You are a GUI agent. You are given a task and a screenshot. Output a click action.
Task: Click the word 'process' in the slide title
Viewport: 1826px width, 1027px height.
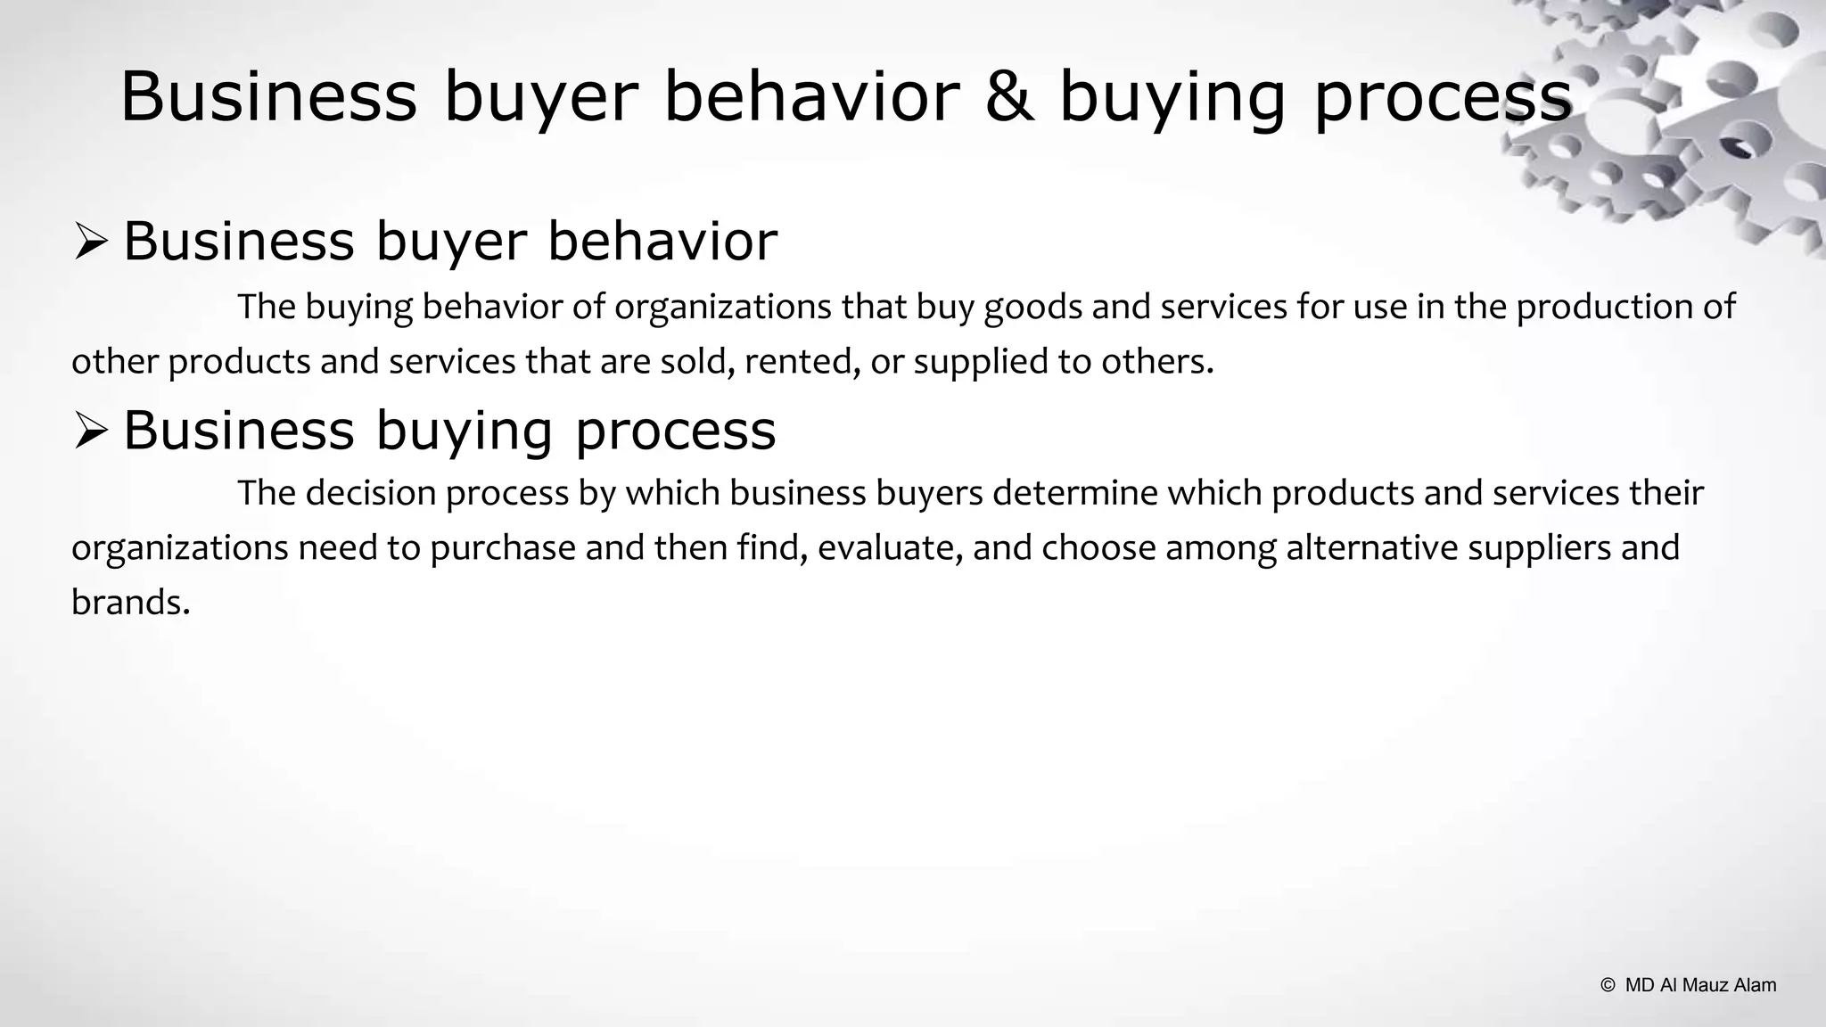1443,100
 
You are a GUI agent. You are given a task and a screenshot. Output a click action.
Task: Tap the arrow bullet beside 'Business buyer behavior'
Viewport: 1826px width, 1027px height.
90,242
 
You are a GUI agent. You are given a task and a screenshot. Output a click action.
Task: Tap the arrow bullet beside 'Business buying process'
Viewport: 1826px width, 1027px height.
90,431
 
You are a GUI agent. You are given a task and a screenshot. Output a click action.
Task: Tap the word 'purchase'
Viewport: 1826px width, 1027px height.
503,548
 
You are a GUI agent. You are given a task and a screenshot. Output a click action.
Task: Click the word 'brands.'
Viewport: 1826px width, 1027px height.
130,604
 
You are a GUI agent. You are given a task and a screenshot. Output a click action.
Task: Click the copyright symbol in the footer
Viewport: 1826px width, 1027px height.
1608,985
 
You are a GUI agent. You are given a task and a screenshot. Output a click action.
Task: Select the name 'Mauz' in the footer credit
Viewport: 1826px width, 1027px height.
1704,985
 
